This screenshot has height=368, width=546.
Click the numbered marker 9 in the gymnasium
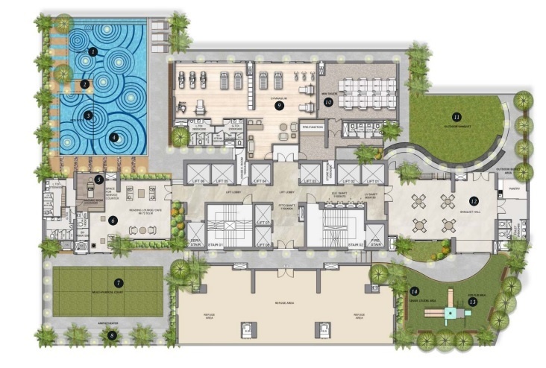pos(279,106)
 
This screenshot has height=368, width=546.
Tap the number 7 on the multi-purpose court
pos(119,283)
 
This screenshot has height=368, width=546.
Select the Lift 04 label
pos(260,180)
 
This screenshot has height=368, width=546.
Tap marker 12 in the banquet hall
pos(473,200)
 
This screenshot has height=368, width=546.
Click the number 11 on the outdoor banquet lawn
pos(456,116)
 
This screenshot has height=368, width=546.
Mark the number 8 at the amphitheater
pos(113,336)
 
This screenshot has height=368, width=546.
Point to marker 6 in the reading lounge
pos(113,220)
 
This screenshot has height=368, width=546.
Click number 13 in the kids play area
pos(472,302)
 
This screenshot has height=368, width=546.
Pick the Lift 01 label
pos(372,180)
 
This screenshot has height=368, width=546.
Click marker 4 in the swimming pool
pos(114,137)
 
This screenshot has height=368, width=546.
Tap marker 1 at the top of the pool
pos(92,51)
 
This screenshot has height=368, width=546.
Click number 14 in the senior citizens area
pos(415,291)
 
